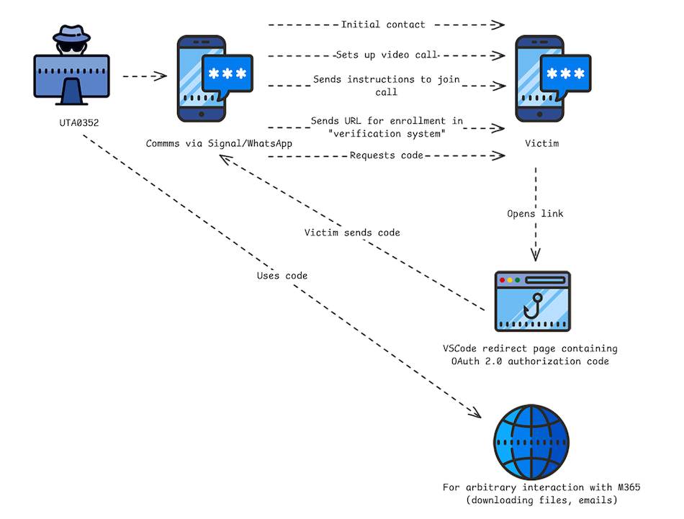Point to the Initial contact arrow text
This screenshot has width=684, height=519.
tap(383, 24)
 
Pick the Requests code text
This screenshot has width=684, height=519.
tap(382, 155)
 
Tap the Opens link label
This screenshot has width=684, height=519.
tap(536, 214)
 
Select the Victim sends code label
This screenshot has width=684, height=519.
tap(352, 233)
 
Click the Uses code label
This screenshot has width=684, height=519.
tap(282, 276)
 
